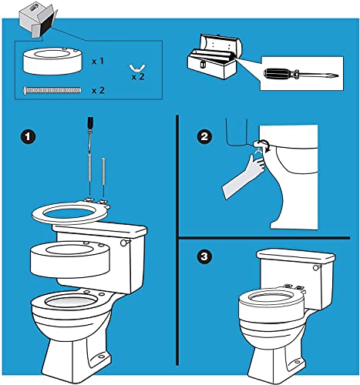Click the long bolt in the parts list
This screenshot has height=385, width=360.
tap(52, 90)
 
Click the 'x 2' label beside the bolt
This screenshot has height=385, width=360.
tap(98, 90)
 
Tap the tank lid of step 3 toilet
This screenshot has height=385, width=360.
tap(286, 256)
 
